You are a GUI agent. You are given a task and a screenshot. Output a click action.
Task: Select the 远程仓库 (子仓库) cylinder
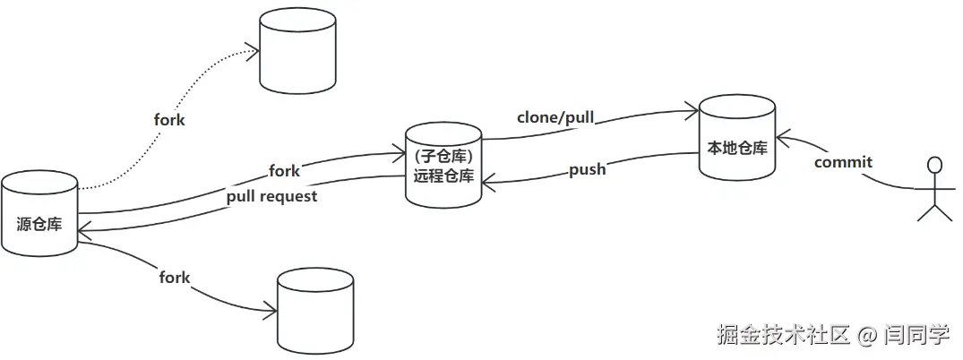443,167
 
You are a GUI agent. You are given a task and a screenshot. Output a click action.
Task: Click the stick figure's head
935,165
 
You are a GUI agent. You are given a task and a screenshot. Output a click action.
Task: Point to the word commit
843,162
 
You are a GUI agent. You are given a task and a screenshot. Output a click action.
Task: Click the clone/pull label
555,117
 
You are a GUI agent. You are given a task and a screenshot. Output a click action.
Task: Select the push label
588,168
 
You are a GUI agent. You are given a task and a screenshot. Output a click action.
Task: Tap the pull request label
271,196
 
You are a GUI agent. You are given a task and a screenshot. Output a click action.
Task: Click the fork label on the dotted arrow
169,119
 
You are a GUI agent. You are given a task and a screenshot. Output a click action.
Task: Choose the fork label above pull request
284,170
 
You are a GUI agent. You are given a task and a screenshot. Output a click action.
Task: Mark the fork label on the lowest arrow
175,278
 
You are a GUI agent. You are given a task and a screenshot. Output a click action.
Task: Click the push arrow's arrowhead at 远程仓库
485,183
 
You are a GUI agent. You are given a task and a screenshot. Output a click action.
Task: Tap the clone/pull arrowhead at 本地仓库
694,110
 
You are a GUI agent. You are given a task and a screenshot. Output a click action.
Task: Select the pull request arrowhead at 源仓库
82,232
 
